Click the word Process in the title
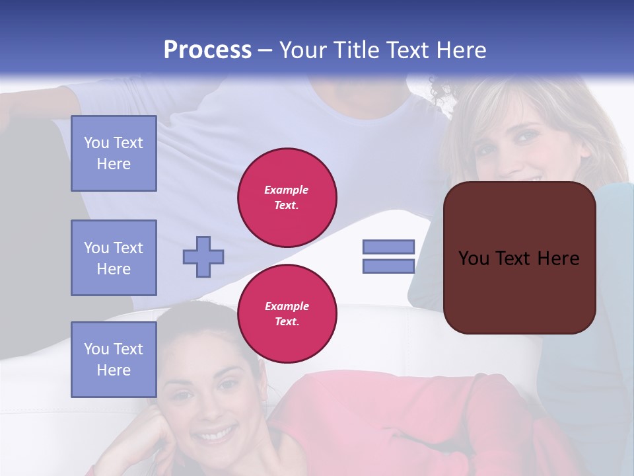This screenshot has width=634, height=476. (207, 50)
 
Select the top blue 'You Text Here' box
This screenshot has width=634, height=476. (114, 153)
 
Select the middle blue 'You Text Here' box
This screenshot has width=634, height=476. (114, 258)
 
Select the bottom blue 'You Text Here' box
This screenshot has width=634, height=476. (114, 360)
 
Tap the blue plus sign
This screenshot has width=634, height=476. (203, 257)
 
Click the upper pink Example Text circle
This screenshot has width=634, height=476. (287, 197)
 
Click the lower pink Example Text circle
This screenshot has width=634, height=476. (287, 313)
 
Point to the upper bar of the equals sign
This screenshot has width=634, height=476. (388, 247)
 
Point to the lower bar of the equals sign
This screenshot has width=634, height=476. (388, 266)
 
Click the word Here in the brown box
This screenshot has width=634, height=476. (559, 258)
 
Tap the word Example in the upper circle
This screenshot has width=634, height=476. (287, 190)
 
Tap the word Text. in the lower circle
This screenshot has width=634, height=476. (287, 322)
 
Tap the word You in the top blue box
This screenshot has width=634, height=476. (96, 143)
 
